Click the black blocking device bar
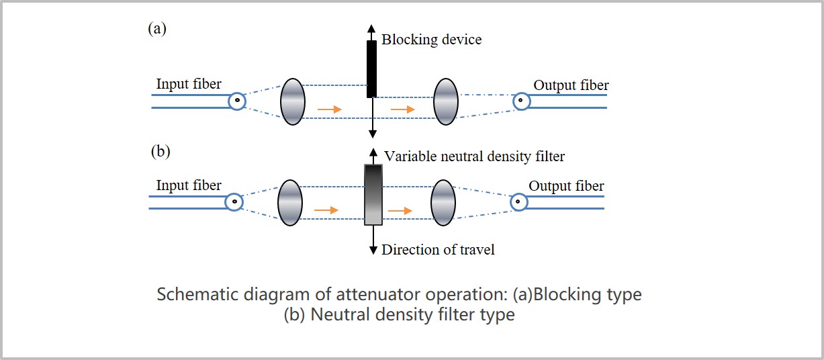[371, 69]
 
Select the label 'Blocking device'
[431, 40]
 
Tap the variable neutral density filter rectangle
[373, 194]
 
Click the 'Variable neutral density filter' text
[474, 156]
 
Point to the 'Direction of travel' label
[438, 250]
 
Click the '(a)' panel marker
[157, 28]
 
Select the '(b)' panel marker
[160, 150]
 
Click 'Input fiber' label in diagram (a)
[189, 84]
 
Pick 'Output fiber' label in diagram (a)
[571, 85]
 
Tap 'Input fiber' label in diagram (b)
[189, 185]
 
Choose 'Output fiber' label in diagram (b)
[566, 186]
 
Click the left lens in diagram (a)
[293, 101]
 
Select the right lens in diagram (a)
[446, 101]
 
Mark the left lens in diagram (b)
[290, 202]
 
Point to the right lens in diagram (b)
[443, 202]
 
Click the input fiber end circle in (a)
[236, 101]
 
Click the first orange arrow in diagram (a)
[328, 108]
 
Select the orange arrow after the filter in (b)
[400, 210]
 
